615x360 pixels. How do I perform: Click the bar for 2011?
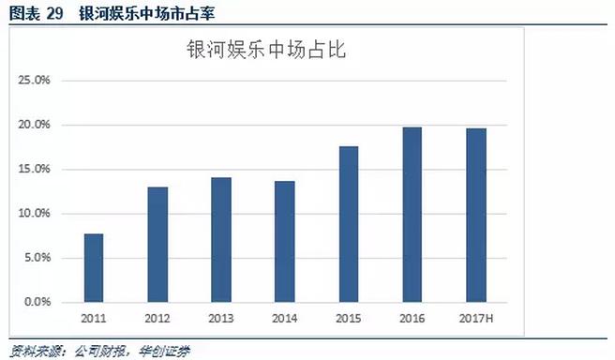pos(93,268)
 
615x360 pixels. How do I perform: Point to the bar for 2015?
pos(349,224)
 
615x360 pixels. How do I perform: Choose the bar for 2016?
pos(412,215)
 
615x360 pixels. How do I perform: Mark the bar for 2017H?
pos(476,216)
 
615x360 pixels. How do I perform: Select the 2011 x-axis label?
pos(93,319)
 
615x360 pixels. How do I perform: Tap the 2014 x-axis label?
pos(285,319)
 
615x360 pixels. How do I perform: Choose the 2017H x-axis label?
pos(476,319)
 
